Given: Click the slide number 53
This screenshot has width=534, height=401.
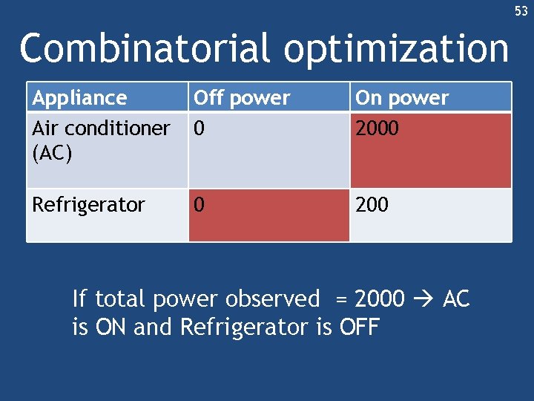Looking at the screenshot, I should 521,11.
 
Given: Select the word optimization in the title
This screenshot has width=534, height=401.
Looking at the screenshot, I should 396,49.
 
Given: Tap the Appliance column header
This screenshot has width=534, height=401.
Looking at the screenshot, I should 80,98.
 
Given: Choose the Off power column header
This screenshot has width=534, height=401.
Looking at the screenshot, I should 242,98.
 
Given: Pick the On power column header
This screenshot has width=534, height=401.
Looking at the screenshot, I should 402,98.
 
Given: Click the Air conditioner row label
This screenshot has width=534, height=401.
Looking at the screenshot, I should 101,128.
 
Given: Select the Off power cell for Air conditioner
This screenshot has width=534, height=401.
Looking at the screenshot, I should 268,149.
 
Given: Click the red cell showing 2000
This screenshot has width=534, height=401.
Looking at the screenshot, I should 430,149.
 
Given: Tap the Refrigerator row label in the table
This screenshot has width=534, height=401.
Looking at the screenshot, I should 88,205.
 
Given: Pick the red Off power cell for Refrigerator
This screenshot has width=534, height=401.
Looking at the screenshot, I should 268,215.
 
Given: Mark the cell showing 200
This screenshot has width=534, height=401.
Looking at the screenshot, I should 430,215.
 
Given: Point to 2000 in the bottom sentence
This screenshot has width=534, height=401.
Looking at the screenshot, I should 380,299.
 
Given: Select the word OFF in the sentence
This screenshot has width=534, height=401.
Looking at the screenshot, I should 358,327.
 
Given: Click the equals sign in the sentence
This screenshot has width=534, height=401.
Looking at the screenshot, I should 340,300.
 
